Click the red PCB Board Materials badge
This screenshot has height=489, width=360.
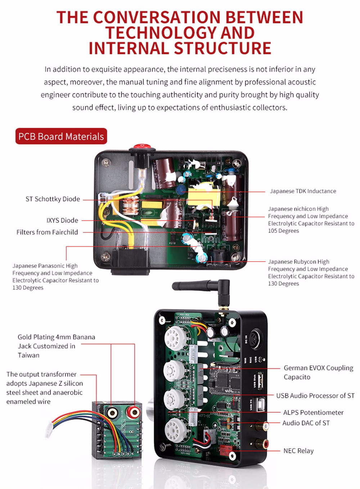pyautogui.click(x=61, y=136)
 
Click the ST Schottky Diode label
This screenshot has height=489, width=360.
pyautogui.click(x=53, y=199)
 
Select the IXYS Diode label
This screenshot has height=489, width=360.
pyautogui.click(x=62, y=220)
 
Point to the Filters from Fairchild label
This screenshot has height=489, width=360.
pyautogui.click(x=47, y=232)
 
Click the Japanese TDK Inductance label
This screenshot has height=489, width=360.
pyautogui.click(x=303, y=191)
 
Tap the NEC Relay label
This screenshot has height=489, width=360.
pyautogui.click(x=298, y=450)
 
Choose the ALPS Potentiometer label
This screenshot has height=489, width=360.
pyautogui.click(x=313, y=412)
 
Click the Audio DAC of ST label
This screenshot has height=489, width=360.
pyautogui.click(x=306, y=423)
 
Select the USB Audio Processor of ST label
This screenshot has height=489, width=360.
pyautogui.click(x=315, y=395)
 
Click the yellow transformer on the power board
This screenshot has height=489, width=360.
pyautogui.click(x=203, y=196)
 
